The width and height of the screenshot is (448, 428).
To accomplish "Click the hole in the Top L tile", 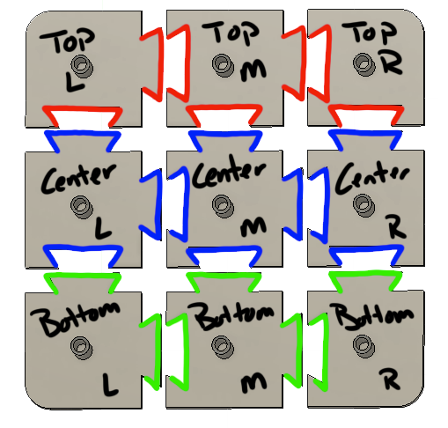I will tap(83, 64).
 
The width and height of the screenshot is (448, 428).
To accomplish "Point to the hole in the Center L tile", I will tap(83, 206).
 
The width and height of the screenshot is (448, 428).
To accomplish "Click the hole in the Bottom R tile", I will tap(362, 345).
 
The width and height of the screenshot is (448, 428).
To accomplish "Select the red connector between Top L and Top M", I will tap(165, 61).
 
